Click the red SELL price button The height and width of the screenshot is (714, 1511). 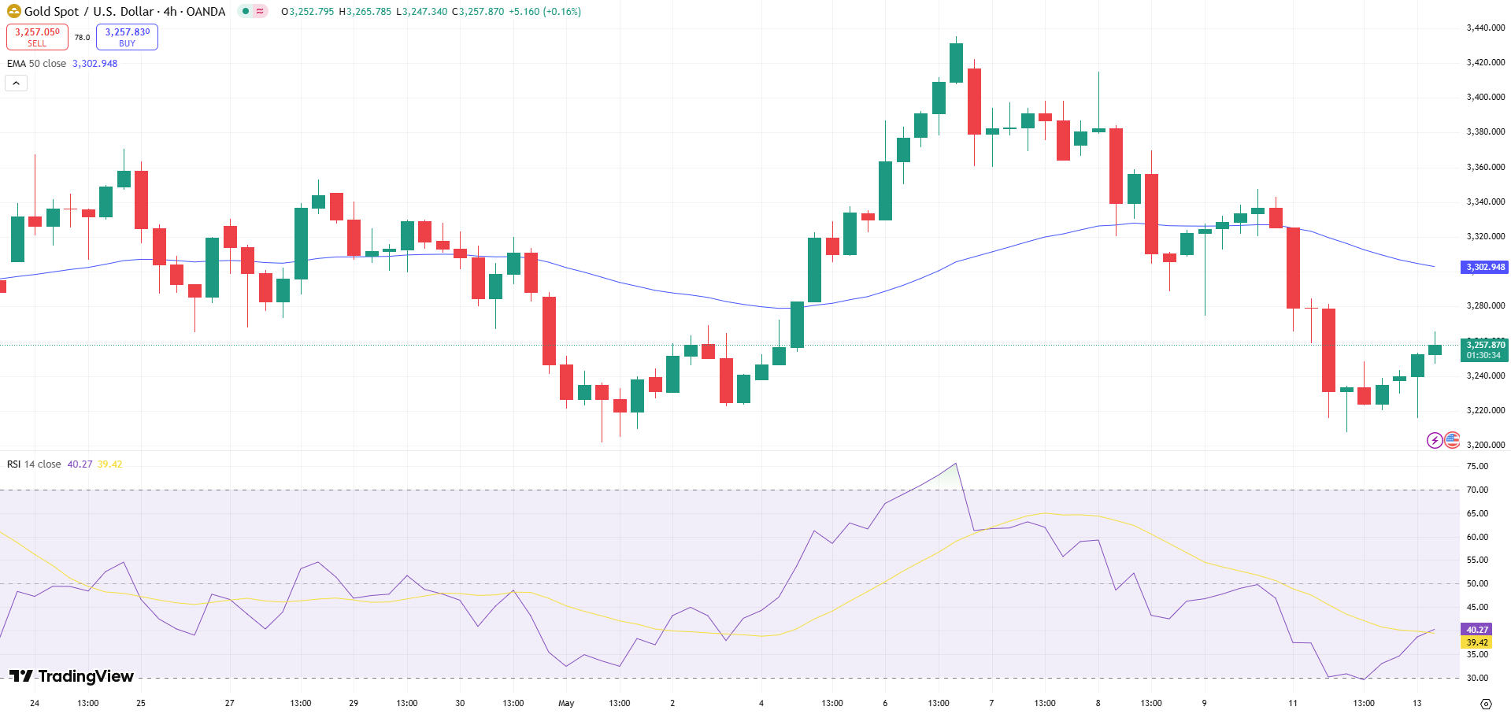[x=37, y=37]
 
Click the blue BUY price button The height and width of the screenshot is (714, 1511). [x=127, y=37]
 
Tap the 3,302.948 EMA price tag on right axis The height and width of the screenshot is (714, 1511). [x=1484, y=267]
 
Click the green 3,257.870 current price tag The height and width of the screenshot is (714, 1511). [x=1484, y=350]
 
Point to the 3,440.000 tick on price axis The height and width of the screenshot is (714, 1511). [x=1485, y=28]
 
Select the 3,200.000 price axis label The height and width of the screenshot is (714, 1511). [x=1485, y=445]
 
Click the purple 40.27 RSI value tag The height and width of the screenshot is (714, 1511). [x=1476, y=630]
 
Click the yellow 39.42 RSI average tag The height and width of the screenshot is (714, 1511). [x=1476, y=642]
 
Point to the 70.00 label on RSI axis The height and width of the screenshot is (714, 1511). [x=1476, y=490]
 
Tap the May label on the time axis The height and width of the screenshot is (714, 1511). [x=566, y=703]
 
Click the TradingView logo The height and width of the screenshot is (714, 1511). [x=72, y=676]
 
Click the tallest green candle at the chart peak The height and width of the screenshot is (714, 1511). [x=956, y=63]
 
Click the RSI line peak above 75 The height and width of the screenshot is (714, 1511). [x=955, y=464]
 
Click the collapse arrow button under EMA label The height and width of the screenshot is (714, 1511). [x=16, y=83]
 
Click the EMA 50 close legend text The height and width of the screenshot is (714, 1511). [x=37, y=64]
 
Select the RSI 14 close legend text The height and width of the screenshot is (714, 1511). [x=34, y=464]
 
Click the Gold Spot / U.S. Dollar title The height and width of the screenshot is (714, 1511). [x=124, y=12]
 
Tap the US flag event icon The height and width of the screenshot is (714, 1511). [x=1452, y=440]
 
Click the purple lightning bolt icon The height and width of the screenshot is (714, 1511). [x=1435, y=440]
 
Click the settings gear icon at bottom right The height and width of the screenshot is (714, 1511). [x=1486, y=704]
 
